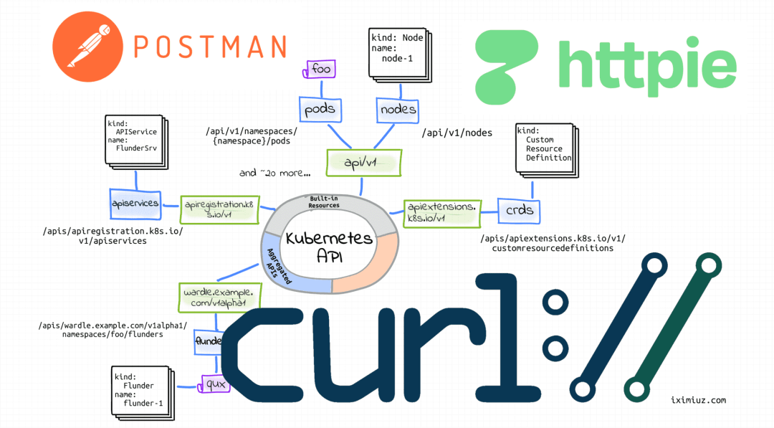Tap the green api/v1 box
point(363,163)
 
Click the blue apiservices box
point(135,204)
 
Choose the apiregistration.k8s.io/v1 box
point(218,209)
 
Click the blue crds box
point(520,211)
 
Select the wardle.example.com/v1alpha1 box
point(219,295)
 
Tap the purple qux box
point(216,384)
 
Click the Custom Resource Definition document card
point(545,148)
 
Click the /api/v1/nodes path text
point(457,133)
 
